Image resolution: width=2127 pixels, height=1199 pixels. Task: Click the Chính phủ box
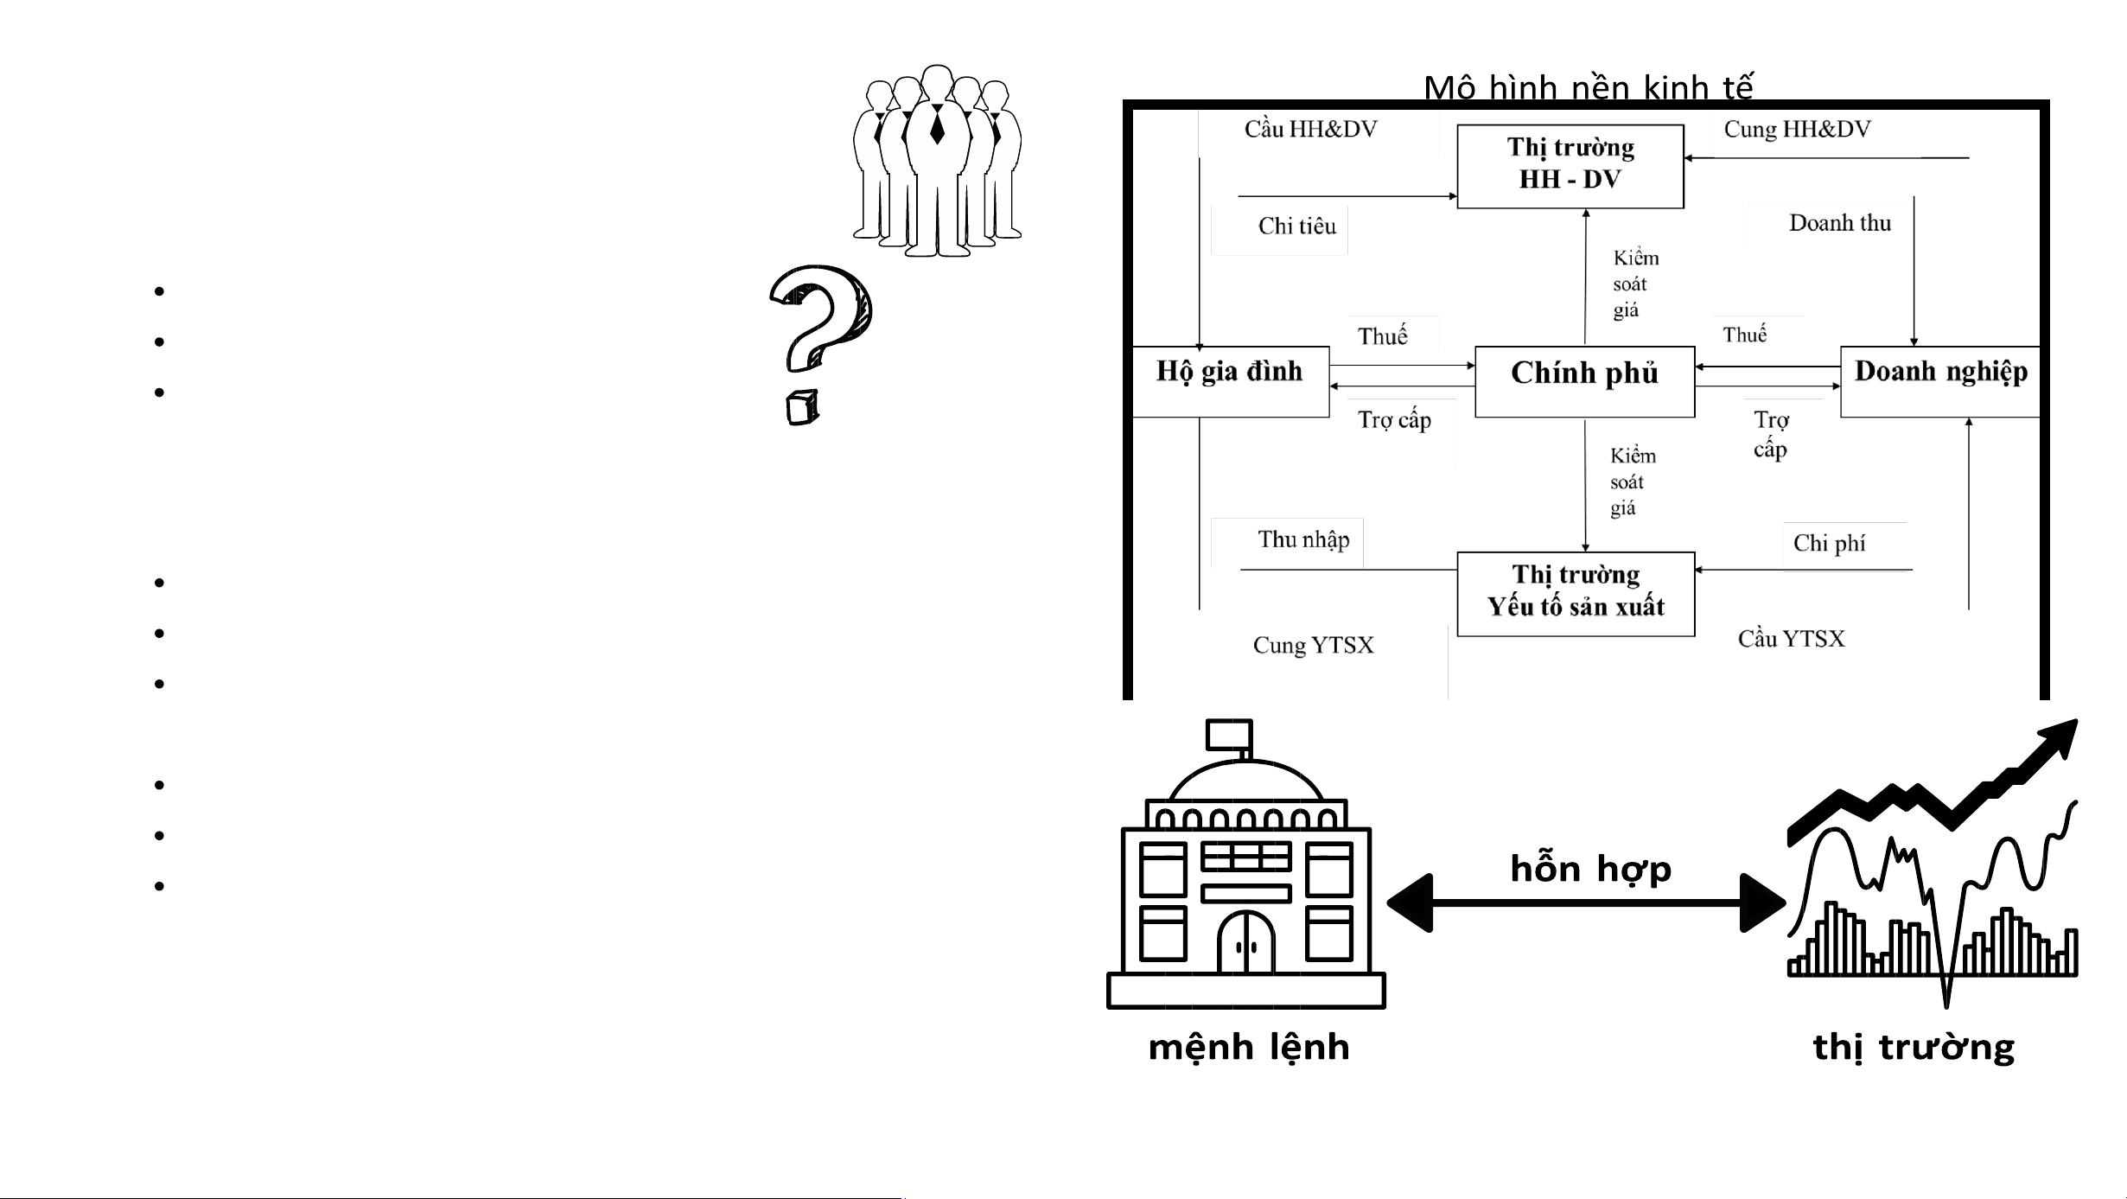tap(1584, 381)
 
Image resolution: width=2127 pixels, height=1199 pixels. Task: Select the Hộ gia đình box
tap(1229, 381)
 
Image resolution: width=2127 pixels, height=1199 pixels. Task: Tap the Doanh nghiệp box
tap(1940, 381)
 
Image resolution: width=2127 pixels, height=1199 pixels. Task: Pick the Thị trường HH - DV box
tap(1570, 166)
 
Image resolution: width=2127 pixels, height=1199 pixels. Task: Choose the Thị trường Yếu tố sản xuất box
tap(1576, 594)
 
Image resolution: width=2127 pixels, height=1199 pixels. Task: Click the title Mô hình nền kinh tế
tap(1589, 87)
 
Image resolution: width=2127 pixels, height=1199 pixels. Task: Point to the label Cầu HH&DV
tap(1310, 130)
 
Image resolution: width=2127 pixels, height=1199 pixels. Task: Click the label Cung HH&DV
tap(1797, 130)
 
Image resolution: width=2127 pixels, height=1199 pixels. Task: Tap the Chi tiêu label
tap(1296, 226)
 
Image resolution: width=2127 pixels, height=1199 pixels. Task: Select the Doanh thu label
tap(1839, 223)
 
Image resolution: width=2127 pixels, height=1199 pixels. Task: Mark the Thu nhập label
tap(1303, 540)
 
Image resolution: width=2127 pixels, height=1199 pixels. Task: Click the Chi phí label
tap(1829, 544)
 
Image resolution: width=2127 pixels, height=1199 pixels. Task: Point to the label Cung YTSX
tap(1313, 646)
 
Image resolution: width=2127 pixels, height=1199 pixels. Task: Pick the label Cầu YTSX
tap(1791, 639)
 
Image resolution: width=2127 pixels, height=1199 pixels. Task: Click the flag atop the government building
tap(1229, 735)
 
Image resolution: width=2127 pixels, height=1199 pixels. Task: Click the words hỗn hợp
tap(1590, 869)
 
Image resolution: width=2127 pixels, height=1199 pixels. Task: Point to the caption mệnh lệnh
tap(1248, 1048)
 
